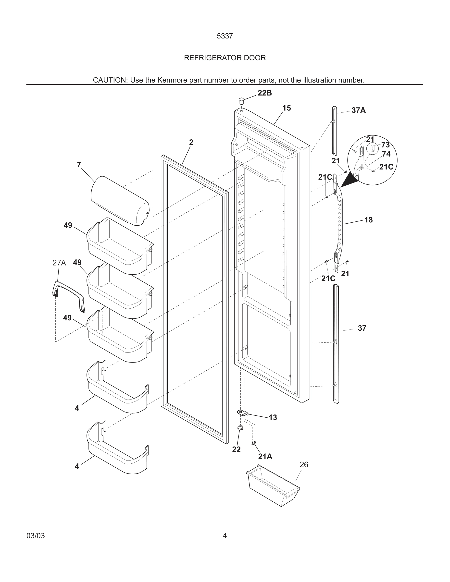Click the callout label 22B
pyautogui.click(x=264, y=93)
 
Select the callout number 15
pyautogui.click(x=287, y=108)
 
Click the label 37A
pyautogui.click(x=358, y=110)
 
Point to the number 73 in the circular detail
pyautogui.click(x=385, y=145)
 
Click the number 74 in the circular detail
pyautogui.click(x=386, y=154)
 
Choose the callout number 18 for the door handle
pyautogui.click(x=368, y=220)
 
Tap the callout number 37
pyautogui.click(x=362, y=328)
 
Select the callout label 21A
pyautogui.click(x=265, y=457)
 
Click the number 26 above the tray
pyautogui.click(x=304, y=465)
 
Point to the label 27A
pyautogui.click(x=59, y=263)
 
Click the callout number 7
pyautogui.click(x=79, y=165)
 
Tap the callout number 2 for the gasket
pyautogui.click(x=191, y=143)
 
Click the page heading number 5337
pyautogui.click(x=225, y=36)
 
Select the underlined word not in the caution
pyautogui.click(x=283, y=80)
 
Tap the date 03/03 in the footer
pyautogui.click(x=36, y=536)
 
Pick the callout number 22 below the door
pyautogui.click(x=236, y=449)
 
